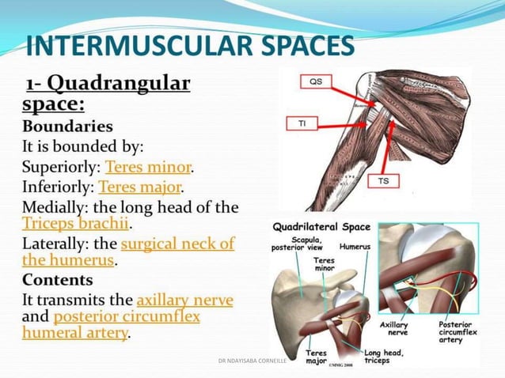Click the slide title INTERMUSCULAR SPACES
coord(190,47)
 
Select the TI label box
coord(302,124)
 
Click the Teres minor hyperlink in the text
coord(149,168)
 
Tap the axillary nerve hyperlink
coord(184,301)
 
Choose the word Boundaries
coord(67,127)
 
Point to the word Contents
coord(58,280)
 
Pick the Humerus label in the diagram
coord(355,247)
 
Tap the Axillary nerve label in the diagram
coord(393,329)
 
